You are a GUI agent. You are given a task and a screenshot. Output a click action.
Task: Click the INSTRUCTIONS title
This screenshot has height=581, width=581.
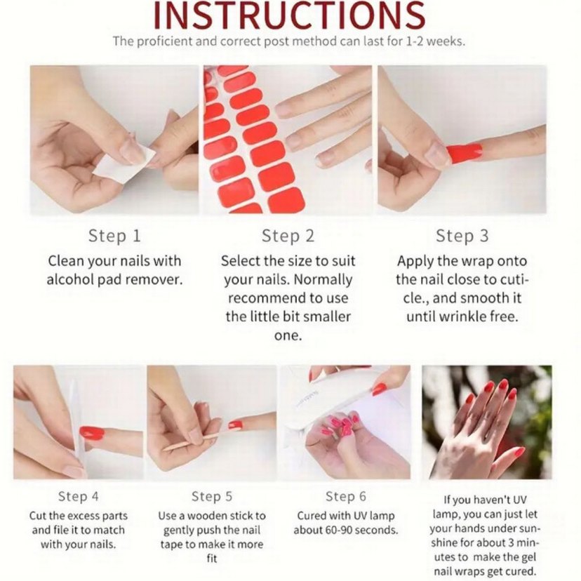point(289,15)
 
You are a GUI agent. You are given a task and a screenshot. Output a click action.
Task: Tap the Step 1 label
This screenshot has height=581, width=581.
point(114,236)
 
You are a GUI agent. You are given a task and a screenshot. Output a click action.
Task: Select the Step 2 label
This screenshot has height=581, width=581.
point(288,236)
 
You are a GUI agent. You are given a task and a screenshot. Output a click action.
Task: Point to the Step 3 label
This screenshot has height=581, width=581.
point(462,236)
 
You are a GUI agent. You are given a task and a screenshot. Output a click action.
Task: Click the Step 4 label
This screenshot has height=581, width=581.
point(79,497)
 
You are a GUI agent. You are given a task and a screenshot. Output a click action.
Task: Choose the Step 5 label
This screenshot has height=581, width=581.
point(212,497)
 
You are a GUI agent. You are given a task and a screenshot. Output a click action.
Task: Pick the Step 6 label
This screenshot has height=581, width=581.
point(346,497)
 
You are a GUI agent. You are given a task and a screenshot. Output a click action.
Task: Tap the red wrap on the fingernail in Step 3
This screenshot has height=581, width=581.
point(465,152)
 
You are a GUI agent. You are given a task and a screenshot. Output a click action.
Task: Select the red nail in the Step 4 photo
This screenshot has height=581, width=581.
point(92,432)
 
